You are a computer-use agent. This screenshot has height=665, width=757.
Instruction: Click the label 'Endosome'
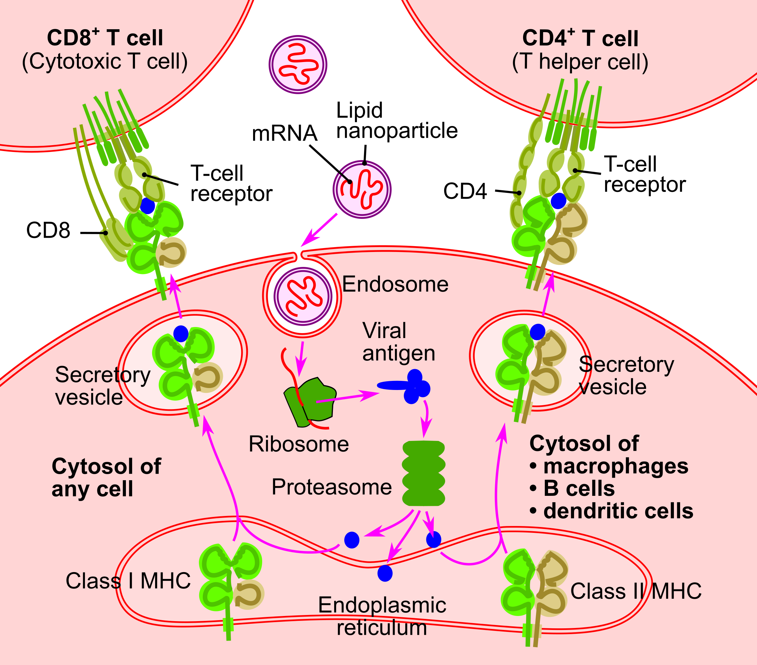point(395,285)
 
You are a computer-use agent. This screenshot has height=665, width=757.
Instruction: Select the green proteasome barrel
point(423,473)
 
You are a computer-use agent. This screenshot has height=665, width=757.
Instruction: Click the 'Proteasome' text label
point(332,487)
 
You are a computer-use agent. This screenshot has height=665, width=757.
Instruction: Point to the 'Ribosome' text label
point(299,444)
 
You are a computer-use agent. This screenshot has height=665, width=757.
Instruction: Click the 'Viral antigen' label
point(398,342)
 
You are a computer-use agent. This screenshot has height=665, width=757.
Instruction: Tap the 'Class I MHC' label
point(128,581)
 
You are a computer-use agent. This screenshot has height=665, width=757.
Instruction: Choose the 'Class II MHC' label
point(636,591)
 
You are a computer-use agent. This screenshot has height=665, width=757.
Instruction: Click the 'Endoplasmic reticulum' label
point(382,616)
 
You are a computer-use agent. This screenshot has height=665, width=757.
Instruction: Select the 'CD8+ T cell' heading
point(105,38)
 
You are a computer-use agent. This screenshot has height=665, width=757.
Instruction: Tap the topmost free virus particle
point(298,65)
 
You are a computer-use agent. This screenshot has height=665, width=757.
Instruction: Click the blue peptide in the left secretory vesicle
point(181,333)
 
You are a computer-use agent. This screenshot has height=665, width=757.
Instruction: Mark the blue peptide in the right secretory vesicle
point(537,332)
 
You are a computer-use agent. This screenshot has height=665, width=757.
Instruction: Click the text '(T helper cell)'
point(580,62)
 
